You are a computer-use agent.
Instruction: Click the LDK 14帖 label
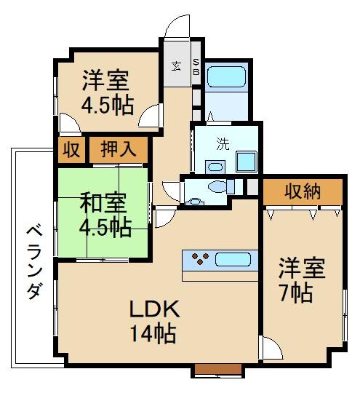point(153,321)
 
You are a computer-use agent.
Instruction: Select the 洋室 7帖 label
point(295,280)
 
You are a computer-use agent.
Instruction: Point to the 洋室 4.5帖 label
point(106,91)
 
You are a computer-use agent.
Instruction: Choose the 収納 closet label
point(303,192)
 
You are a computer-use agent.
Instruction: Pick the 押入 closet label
point(118,151)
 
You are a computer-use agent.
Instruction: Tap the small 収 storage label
point(71,151)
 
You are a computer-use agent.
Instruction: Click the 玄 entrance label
point(176,66)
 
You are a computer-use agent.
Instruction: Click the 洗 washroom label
point(222,143)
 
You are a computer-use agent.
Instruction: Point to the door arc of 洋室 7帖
point(272,350)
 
